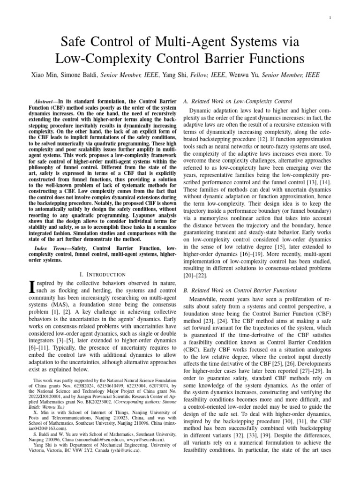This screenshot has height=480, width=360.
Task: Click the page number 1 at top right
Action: click(x=344, y=18)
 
